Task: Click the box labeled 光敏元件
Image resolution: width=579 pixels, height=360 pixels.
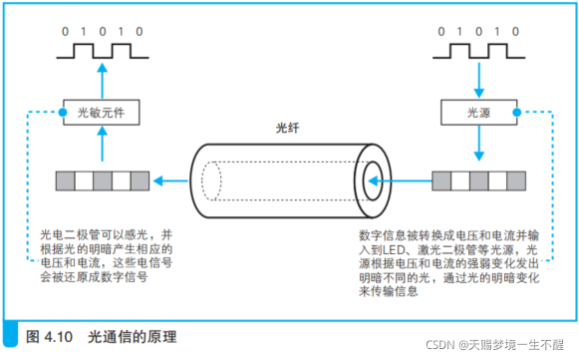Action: click(102, 113)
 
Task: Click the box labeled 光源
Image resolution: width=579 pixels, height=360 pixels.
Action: click(479, 113)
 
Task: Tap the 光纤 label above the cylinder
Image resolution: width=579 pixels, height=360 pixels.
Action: click(287, 128)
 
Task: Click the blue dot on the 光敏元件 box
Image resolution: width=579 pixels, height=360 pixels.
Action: click(63, 112)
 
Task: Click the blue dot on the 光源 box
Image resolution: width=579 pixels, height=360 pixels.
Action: click(517, 112)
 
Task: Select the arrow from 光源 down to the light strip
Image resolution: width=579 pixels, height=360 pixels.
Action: click(479, 143)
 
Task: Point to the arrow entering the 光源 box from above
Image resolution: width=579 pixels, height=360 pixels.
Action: click(479, 80)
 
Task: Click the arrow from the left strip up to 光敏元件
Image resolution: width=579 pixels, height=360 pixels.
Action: click(103, 144)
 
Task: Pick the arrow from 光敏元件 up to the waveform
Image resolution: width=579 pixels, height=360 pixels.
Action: click(103, 81)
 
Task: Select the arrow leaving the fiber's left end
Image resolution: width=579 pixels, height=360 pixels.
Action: click(170, 180)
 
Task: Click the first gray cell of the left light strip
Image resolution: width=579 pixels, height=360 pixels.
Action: click(66, 180)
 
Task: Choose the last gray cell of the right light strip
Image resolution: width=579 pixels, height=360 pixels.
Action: click(516, 180)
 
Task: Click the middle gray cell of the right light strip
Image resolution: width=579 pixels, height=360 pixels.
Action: click(479, 180)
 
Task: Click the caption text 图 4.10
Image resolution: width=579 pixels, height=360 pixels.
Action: click(49, 337)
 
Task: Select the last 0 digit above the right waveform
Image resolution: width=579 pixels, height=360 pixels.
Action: click(515, 32)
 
